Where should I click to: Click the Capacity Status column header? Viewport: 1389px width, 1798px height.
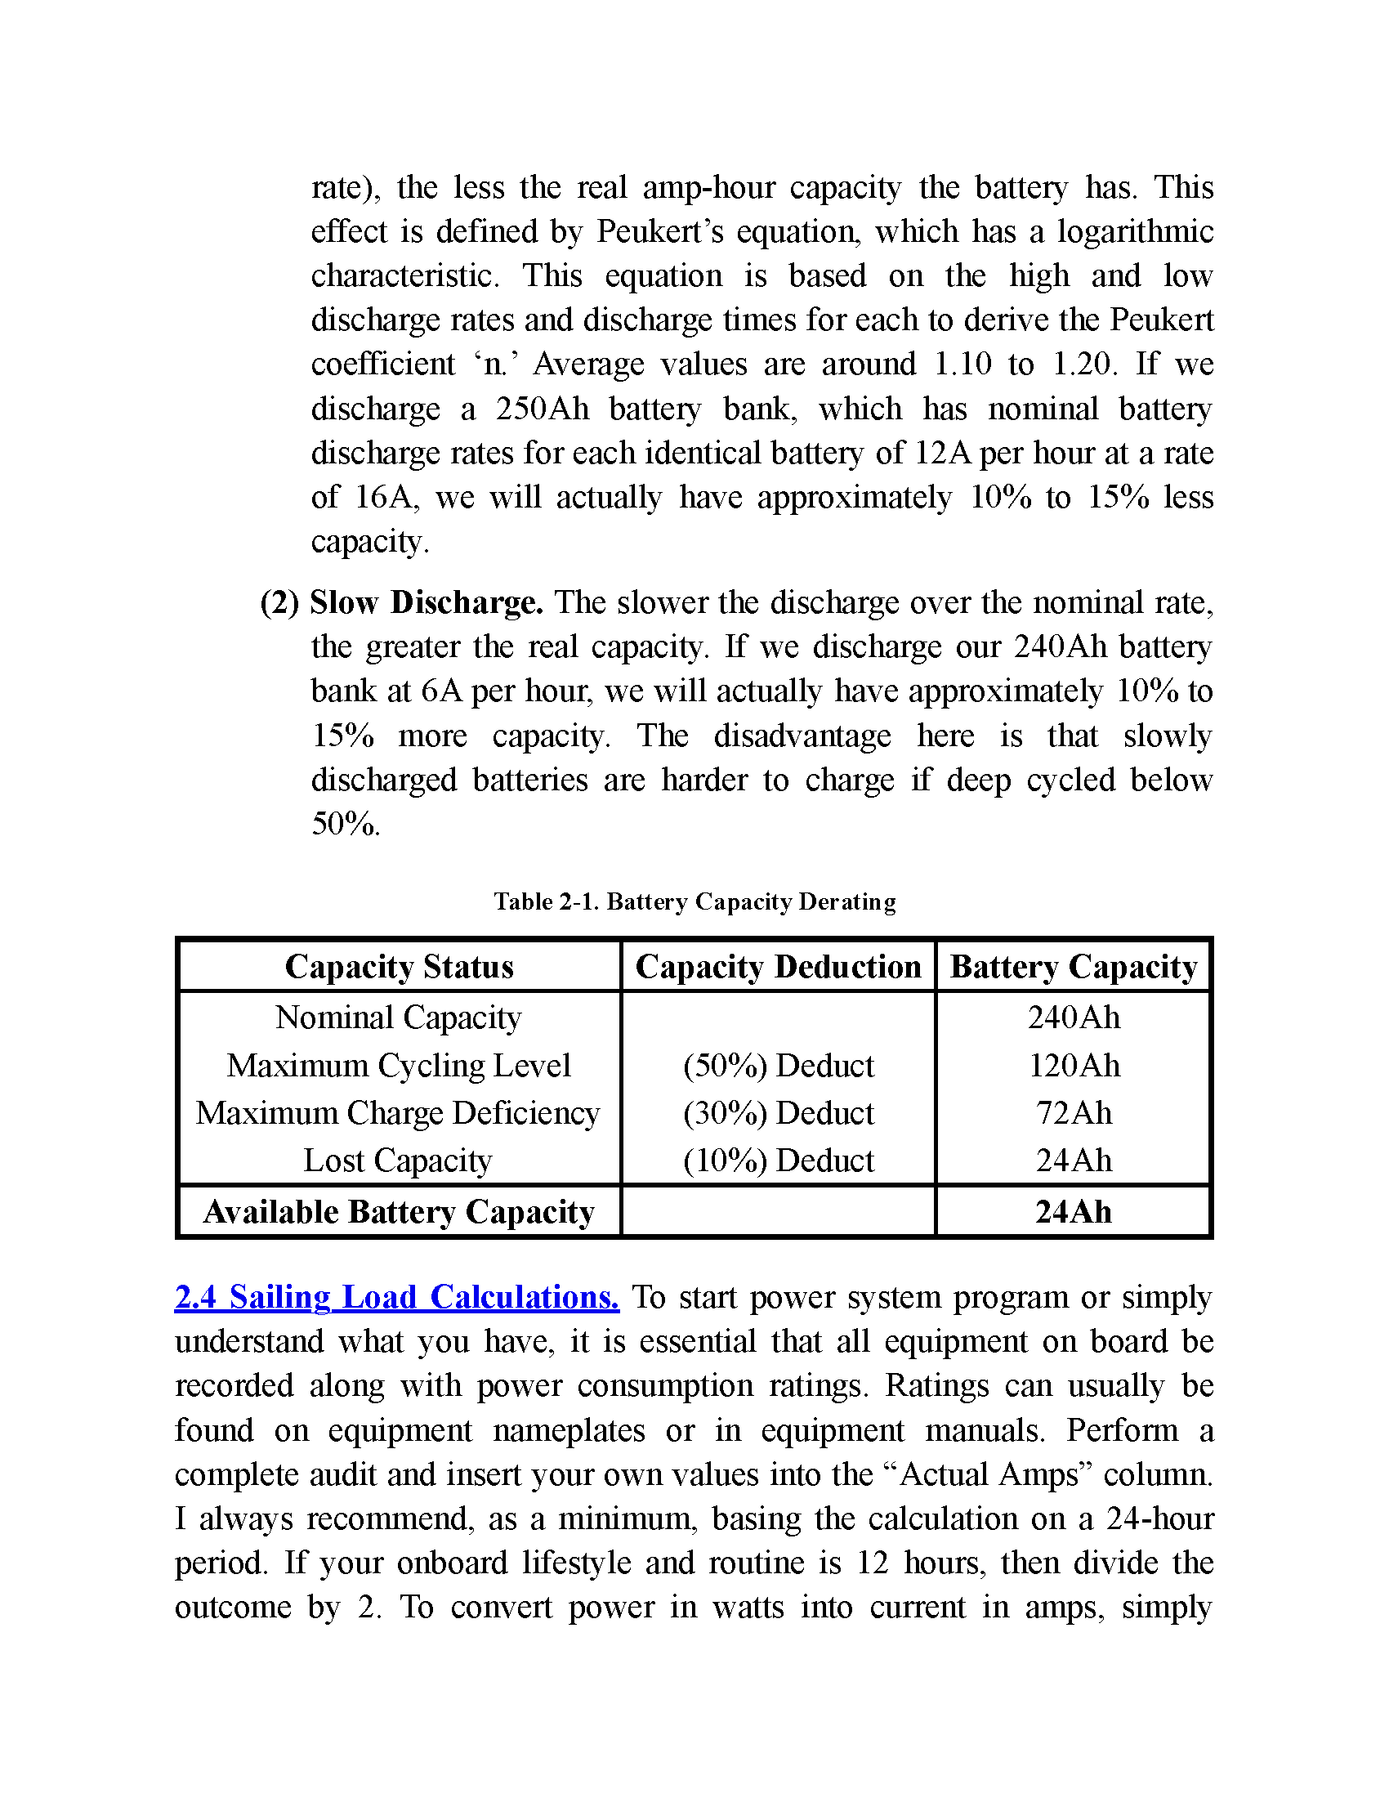[x=399, y=967]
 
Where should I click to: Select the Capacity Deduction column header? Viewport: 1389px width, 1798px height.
[x=778, y=967]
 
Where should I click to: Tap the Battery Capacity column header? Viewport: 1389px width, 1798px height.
[x=1073, y=967]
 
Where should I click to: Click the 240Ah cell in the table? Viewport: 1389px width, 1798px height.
[x=1073, y=1018]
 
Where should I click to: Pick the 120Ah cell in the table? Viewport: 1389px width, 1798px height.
[x=1073, y=1065]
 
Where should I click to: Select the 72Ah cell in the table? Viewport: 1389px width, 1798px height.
[x=1073, y=1113]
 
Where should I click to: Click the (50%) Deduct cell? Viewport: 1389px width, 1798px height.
[x=778, y=1065]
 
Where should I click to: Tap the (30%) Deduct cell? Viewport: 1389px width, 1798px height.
[x=778, y=1113]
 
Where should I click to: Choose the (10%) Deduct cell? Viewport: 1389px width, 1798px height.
[x=778, y=1161]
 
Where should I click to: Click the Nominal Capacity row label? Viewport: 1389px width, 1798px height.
[x=398, y=1018]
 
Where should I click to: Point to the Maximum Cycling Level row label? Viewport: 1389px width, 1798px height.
[x=398, y=1065]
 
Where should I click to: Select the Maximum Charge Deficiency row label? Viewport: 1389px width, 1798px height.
[x=398, y=1113]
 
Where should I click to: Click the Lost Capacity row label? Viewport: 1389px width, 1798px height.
[x=398, y=1161]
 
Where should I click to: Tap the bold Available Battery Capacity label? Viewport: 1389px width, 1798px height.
[x=398, y=1212]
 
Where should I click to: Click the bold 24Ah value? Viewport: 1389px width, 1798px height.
[x=1073, y=1212]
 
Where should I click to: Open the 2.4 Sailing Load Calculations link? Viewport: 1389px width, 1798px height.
[x=396, y=1298]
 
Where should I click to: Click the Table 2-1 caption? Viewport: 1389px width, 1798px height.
[x=694, y=901]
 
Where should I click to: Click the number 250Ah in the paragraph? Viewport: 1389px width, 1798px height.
[x=542, y=409]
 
